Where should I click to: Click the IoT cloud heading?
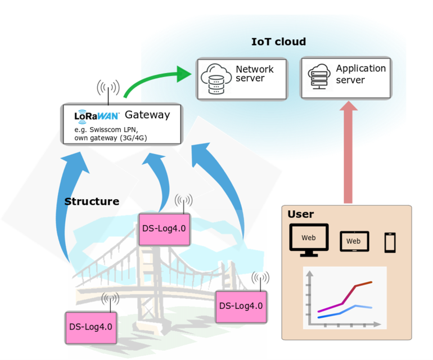pos(278,42)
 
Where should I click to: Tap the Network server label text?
pos(254,74)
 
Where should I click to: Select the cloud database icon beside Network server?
pos(215,79)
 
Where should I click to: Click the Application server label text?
pos(360,74)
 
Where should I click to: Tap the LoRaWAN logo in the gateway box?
pos(96,116)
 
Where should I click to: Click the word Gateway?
pos(147,115)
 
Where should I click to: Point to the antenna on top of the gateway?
pos(107,90)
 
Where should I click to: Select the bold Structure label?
pos(92,201)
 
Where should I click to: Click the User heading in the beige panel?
pos(300,214)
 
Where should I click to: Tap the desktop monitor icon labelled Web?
pos(308,238)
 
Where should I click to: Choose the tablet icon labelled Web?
pos(353,241)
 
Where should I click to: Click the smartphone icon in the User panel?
pos(390,242)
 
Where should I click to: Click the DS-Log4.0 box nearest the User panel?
pos(241,306)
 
